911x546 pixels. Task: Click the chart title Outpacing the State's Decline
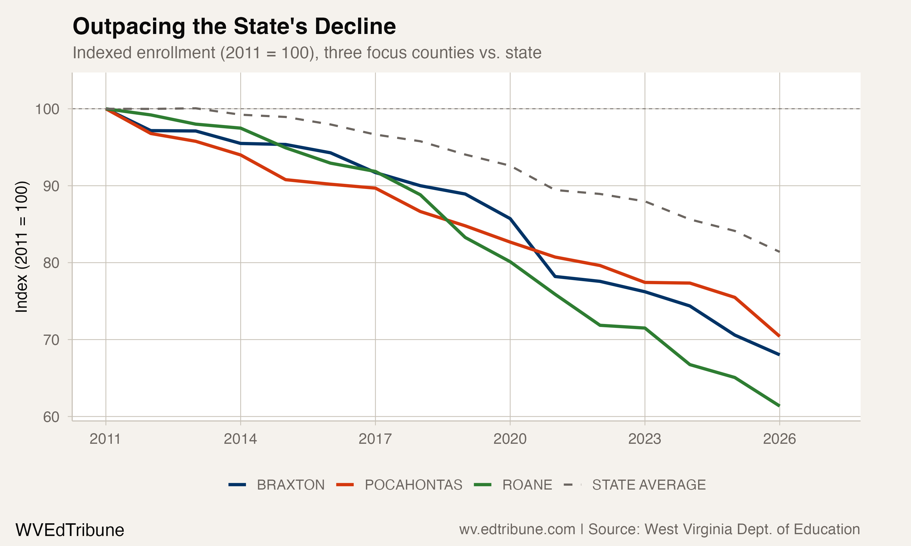coord(234,26)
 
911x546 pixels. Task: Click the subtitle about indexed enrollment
coord(307,52)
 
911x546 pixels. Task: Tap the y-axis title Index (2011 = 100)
coord(21,247)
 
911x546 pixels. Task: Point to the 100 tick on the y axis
coord(47,109)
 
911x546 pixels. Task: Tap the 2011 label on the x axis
coord(105,439)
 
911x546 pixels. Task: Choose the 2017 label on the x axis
coord(375,439)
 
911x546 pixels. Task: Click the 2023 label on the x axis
coord(645,439)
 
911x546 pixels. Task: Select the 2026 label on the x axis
coord(780,439)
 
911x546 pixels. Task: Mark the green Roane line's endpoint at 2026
coord(779,406)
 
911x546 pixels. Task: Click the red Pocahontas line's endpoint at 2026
coord(779,336)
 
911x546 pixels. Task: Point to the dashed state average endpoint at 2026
coord(779,252)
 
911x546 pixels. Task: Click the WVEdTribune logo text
coord(70,530)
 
